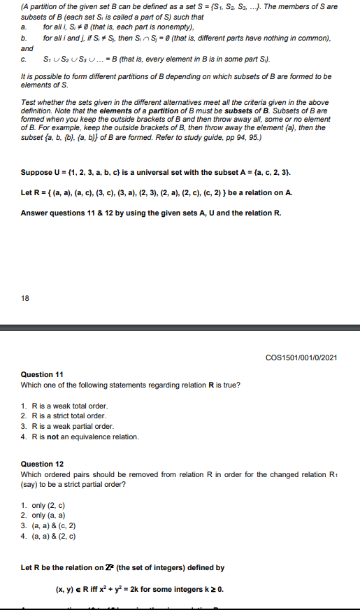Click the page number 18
point(25,298)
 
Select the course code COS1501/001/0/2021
point(302,358)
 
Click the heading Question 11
point(42,374)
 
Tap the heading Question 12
point(42,464)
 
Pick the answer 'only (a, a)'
point(49,516)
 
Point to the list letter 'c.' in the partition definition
point(24,61)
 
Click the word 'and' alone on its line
point(27,49)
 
